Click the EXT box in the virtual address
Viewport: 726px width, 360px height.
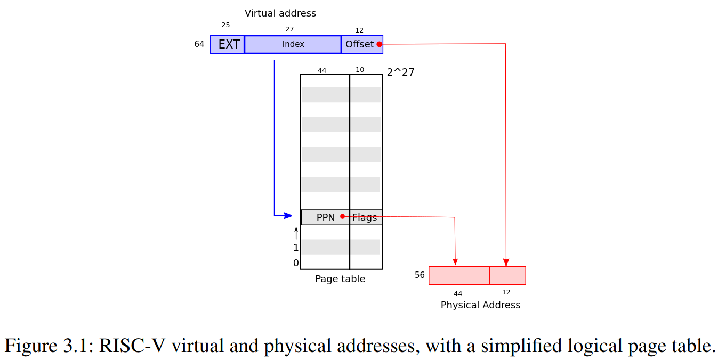pyautogui.click(x=228, y=44)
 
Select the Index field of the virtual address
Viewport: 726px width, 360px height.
pyautogui.click(x=293, y=44)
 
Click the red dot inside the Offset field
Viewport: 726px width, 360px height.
pyautogui.click(x=379, y=44)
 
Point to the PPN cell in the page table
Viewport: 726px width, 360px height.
pyautogui.click(x=325, y=217)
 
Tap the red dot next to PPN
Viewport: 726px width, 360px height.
pyautogui.click(x=342, y=216)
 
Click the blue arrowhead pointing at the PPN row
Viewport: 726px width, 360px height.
pyautogui.click(x=288, y=215)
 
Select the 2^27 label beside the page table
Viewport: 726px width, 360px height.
pyautogui.click(x=400, y=72)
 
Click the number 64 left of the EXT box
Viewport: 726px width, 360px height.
pyautogui.click(x=199, y=44)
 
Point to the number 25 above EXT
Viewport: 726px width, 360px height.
pyautogui.click(x=225, y=25)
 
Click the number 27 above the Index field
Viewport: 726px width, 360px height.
pyautogui.click(x=289, y=29)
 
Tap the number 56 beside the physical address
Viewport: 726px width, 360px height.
pyautogui.click(x=420, y=275)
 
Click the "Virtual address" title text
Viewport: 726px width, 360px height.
pyautogui.click(x=280, y=13)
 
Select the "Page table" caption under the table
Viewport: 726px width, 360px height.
pyautogui.click(x=340, y=279)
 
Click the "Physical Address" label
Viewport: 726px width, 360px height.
pyautogui.click(x=480, y=305)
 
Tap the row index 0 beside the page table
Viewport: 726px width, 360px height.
pyautogui.click(x=296, y=263)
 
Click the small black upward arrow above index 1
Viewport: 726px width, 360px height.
pyautogui.click(x=296, y=233)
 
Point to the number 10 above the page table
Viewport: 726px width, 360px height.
pyautogui.click(x=360, y=70)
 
